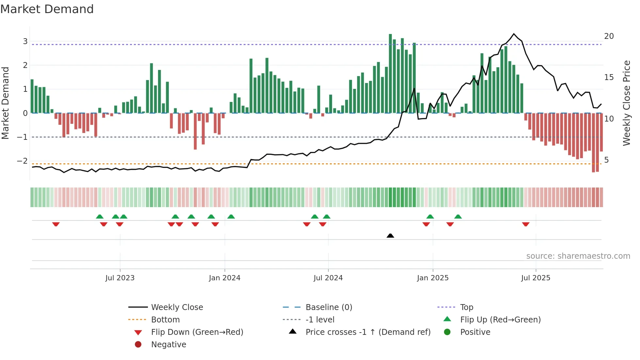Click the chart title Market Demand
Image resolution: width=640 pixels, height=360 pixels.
point(47,9)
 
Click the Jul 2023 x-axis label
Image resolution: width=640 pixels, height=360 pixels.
point(120,278)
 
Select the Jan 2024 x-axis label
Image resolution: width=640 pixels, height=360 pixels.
point(225,278)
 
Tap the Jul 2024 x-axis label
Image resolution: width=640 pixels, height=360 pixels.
point(328,278)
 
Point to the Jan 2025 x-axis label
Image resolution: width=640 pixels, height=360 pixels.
point(433,278)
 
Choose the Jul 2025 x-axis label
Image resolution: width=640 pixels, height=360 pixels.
point(536,278)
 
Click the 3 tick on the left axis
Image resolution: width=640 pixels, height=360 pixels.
point(25,41)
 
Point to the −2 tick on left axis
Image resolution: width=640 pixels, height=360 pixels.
point(22,161)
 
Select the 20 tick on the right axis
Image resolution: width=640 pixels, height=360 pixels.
point(609,36)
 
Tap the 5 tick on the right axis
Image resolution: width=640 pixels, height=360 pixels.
point(606,160)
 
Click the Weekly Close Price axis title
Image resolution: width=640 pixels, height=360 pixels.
point(626,103)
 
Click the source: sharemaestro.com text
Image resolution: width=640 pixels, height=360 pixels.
point(578,256)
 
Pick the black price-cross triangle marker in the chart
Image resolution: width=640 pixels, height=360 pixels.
point(390,236)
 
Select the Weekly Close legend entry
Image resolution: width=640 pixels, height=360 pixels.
point(177,307)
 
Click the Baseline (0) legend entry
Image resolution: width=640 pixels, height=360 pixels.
point(328,307)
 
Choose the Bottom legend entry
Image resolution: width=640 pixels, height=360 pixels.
point(165,320)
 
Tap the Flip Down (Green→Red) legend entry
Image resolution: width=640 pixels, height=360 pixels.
point(197,332)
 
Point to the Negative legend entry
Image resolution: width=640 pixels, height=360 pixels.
point(168,345)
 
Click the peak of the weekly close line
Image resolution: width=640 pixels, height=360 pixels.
point(514,34)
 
